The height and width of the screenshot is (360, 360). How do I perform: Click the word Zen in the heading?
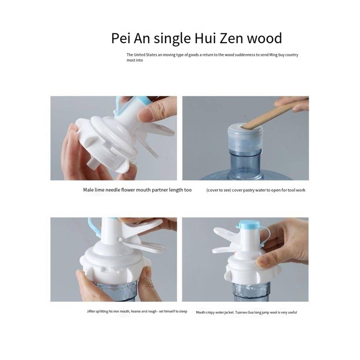coord(231,38)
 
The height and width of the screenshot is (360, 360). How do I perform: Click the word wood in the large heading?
coord(264,38)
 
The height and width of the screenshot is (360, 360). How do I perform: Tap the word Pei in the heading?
coord(121,38)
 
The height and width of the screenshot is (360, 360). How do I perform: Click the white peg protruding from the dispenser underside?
coord(93,164)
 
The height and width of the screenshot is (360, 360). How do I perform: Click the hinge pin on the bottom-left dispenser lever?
coord(120,239)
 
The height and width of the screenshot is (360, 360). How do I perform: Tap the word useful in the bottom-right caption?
coord(292,312)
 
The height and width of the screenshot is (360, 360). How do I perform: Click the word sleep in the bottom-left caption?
coord(183,311)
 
